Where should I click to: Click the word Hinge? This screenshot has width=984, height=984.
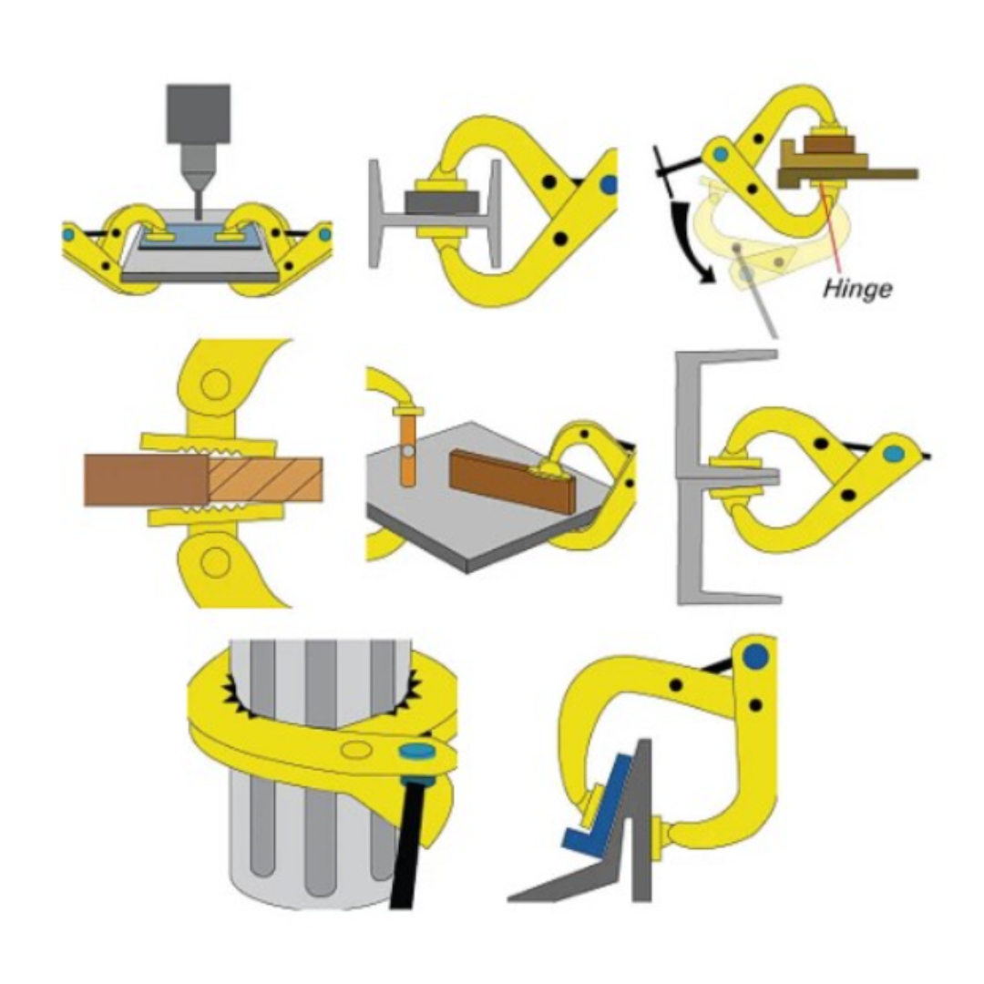click(x=857, y=290)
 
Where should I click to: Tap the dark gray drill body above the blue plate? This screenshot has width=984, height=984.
click(x=198, y=114)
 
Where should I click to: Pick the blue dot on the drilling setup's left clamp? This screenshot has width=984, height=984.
click(x=68, y=234)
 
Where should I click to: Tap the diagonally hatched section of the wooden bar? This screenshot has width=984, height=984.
click(x=265, y=479)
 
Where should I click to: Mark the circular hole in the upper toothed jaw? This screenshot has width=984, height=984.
click(x=215, y=384)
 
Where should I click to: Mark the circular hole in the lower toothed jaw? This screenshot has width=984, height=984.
click(x=215, y=563)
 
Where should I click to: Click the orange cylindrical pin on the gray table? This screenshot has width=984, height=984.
click(x=408, y=451)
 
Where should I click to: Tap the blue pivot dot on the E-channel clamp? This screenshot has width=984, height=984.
click(x=894, y=453)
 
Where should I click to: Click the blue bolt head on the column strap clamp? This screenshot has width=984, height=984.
click(x=418, y=752)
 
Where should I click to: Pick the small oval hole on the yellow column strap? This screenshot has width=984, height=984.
click(x=355, y=749)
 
